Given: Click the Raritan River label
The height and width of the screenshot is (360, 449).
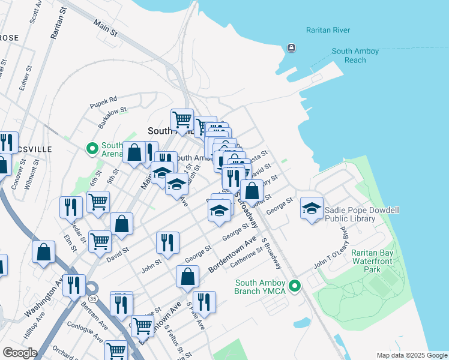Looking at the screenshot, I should [328, 30].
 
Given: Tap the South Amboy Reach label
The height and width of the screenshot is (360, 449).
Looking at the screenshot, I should [355, 56].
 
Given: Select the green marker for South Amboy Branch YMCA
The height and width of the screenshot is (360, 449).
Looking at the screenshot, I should [294, 286].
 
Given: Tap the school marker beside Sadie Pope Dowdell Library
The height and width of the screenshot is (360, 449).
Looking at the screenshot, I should [311, 208].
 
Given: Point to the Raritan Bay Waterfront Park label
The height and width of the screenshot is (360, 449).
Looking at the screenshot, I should [373, 262].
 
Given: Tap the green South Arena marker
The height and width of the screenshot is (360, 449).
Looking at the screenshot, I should [92, 148].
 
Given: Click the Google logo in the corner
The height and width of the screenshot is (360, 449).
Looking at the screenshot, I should [20, 352].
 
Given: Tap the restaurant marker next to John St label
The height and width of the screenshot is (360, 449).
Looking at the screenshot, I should [167, 242].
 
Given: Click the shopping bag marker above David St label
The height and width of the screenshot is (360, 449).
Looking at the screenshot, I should [121, 224].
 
